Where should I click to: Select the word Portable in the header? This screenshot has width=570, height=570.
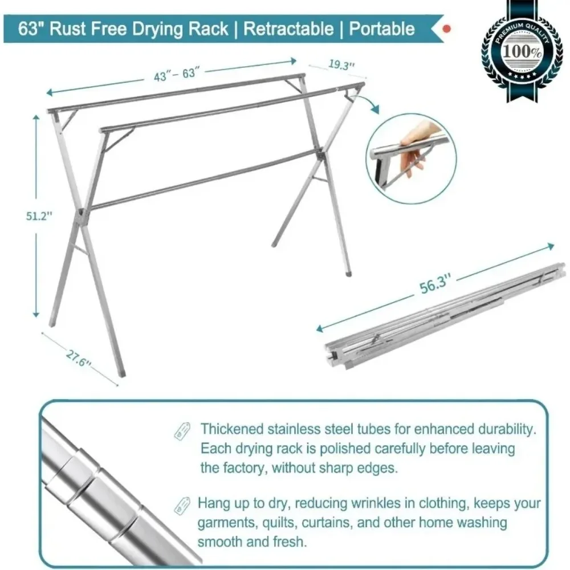click(382, 29)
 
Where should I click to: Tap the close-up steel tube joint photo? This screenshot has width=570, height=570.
click(114, 484)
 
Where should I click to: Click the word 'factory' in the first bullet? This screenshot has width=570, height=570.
click(241, 468)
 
